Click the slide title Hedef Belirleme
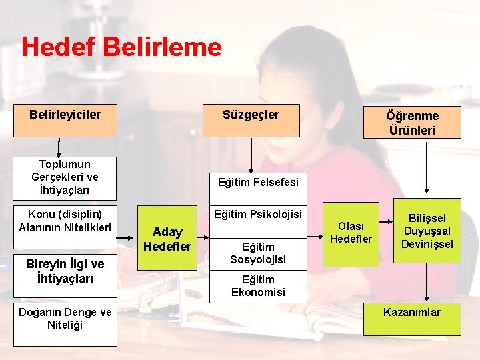121,47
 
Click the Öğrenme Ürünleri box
411,121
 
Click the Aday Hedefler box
167,239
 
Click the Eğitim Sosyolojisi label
258,253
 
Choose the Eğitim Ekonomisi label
258,285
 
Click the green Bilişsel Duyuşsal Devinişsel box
427,231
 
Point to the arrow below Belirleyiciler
59,147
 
